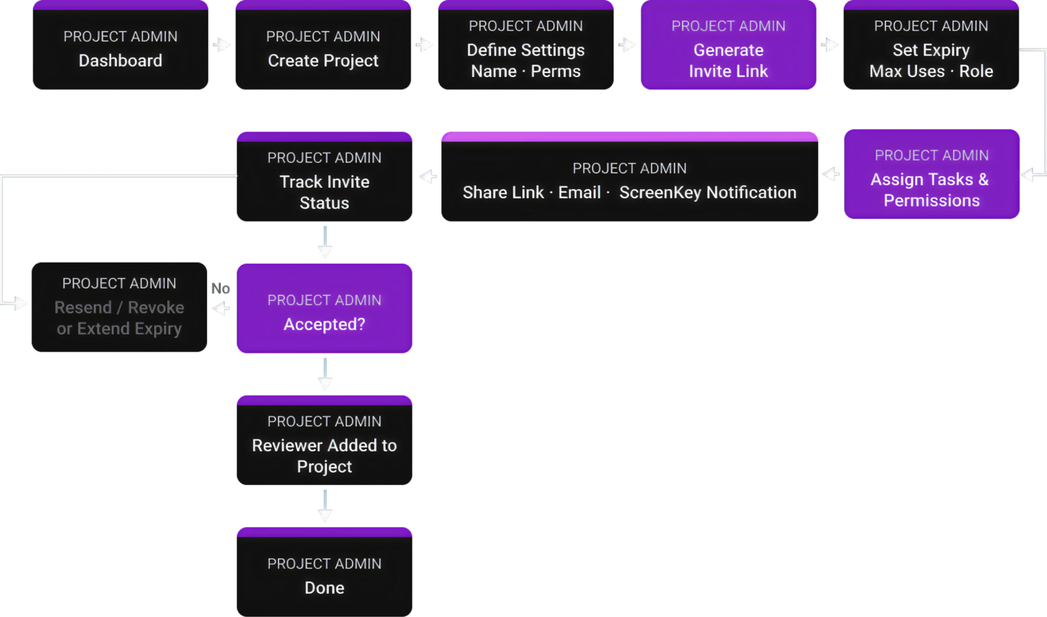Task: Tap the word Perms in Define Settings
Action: pyautogui.click(x=555, y=72)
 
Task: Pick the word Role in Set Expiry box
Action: pyautogui.click(x=976, y=72)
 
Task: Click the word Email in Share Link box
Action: pyautogui.click(x=579, y=193)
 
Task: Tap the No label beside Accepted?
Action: pyautogui.click(x=220, y=288)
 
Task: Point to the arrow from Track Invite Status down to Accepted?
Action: pyautogui.click(x=325, y=243)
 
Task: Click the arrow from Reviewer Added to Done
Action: pyautogui.click(x=325, y=506)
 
